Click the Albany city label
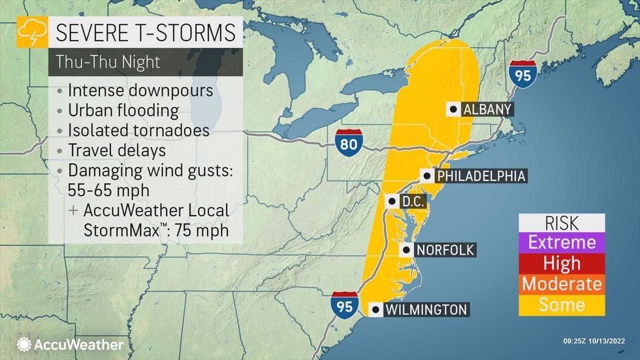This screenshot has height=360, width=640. click(x=487, y=110)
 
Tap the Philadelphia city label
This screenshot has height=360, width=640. click(x=480, y=176)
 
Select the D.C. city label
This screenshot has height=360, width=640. click(x=413, y=201)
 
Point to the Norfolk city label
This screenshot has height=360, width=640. click(x=445, y=250)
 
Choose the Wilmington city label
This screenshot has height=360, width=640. click(x=426, y=310)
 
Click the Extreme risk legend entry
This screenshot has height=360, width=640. click(x=562, y=242)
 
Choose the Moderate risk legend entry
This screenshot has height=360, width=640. click(x=562, y=284)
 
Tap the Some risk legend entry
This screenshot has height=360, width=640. click(x=562, y=304)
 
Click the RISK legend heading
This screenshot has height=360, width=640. click(x=562, y=222)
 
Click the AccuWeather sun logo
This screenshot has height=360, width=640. click(x=25, y=344)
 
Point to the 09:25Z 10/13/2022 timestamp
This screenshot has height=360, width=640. click(x=598, y=340)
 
